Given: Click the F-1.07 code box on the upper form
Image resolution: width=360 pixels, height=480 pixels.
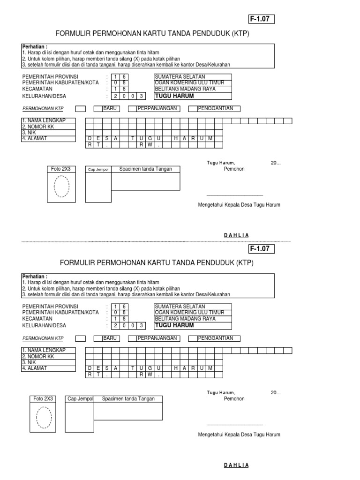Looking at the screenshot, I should pos(261,19).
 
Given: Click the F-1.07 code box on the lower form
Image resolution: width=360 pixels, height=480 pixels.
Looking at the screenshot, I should pos(261,248).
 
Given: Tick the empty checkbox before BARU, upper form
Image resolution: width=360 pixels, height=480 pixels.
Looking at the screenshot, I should pos(81,109).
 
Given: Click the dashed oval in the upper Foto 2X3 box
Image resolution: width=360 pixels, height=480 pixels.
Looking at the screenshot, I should pos(62,187).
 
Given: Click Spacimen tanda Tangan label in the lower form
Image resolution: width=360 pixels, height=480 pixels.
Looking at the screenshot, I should pos(128,399).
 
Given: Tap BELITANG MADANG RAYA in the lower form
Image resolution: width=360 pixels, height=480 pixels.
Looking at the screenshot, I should pos(185,319).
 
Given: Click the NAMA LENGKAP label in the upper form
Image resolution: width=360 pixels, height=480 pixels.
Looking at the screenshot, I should pos(44,121).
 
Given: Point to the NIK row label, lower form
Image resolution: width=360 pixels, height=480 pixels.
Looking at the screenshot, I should pos(29,362).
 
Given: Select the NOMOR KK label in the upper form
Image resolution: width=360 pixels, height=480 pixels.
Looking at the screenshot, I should pos(39,127).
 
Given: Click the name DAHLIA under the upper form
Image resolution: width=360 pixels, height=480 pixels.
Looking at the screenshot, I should pos(237,235).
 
